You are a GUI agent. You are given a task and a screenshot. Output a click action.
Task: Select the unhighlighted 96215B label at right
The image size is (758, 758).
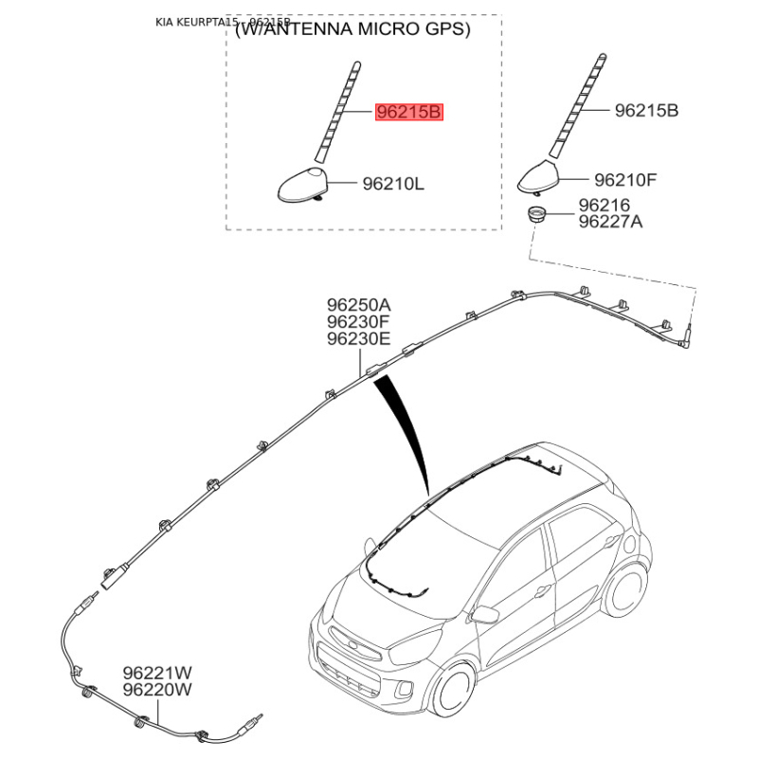[646, 111]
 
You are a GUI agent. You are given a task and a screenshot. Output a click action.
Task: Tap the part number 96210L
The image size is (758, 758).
[392, 184]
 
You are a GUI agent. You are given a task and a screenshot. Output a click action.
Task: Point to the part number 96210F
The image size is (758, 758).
[624, 178]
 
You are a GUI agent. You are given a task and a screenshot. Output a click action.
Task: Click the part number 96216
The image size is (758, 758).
[604, 204]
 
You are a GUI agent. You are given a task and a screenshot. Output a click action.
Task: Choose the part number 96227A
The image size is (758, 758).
[610, 222]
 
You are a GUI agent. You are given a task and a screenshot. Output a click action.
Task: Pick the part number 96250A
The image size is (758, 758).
[358, 304]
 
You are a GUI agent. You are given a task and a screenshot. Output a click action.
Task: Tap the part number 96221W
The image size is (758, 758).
[156, 673]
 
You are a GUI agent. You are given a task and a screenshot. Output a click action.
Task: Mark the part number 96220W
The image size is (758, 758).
[156, 690]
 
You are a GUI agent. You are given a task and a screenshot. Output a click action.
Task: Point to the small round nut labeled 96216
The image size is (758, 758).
[537, 212]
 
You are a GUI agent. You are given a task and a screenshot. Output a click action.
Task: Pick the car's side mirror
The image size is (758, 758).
[485, 614]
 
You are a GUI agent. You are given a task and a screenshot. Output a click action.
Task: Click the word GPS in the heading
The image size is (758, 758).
[442, 29]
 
